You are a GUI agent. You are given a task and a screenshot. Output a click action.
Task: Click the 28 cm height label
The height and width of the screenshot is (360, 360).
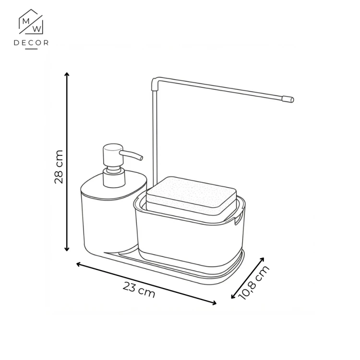point(59,167)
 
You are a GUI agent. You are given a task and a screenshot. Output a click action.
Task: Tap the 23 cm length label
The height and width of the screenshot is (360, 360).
point(139,290)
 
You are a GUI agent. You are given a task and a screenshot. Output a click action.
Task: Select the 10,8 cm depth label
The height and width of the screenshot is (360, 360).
point(253,283)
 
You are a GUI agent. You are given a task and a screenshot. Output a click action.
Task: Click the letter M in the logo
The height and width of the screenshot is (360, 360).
point(26,22)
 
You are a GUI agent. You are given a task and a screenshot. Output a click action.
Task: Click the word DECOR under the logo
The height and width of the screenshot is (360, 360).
point(31,43)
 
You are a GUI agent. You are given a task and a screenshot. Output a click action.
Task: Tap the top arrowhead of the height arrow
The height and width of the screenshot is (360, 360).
point(67,74)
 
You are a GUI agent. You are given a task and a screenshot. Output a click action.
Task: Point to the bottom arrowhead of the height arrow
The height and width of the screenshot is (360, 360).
point(67,249)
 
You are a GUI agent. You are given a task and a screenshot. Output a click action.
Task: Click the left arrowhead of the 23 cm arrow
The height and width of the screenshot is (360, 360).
point(79,264)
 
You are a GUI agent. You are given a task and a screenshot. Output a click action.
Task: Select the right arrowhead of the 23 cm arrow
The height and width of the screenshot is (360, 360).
point(214,303)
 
